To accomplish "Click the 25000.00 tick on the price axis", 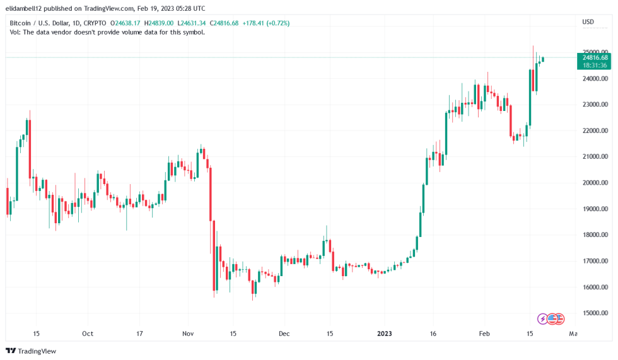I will [595, 52].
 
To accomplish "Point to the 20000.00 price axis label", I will [595, 183].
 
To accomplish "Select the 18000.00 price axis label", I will [595, 235].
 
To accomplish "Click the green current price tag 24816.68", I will [595, 57].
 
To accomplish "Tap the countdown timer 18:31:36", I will [595, 65].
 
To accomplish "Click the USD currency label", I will [588, 23].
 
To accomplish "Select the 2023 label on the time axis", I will [384, 334].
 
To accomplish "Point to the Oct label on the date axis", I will [88, 334].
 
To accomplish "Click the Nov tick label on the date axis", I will [187, 334].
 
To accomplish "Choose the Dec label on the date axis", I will [284, 334].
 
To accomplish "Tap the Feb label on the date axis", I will [484, 334].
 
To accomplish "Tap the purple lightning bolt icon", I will [542, 318].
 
